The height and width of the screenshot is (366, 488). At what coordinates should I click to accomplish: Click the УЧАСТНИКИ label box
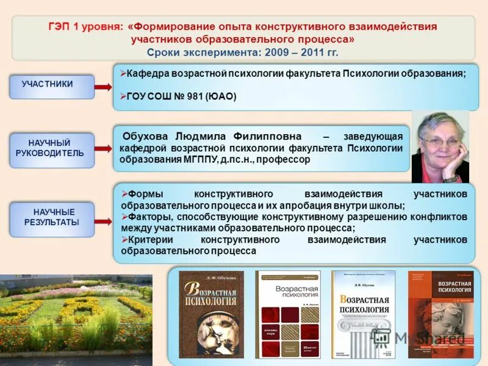[52, 86]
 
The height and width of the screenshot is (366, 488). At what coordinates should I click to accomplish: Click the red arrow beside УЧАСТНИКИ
[102, 87]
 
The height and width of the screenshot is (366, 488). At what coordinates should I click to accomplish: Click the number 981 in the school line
[192, 96]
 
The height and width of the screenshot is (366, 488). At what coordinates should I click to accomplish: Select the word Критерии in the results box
[147, 240]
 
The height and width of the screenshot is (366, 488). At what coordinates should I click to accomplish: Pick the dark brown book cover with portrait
[211, 314]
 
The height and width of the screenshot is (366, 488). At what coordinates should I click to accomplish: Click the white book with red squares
[287, 314]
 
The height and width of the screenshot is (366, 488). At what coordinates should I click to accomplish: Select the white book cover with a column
[363, 314]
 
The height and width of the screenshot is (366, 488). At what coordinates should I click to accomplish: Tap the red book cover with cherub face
[440, 314]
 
